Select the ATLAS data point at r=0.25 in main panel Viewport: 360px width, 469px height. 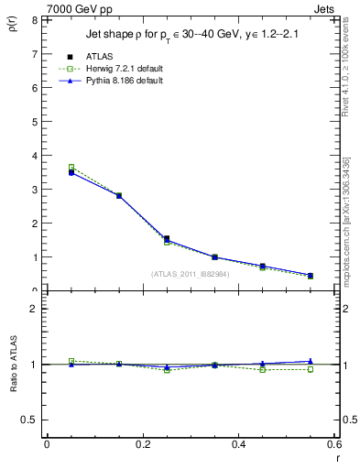click(x=167, y=238)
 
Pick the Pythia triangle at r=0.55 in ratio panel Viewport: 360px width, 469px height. click(x=311, y=361)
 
